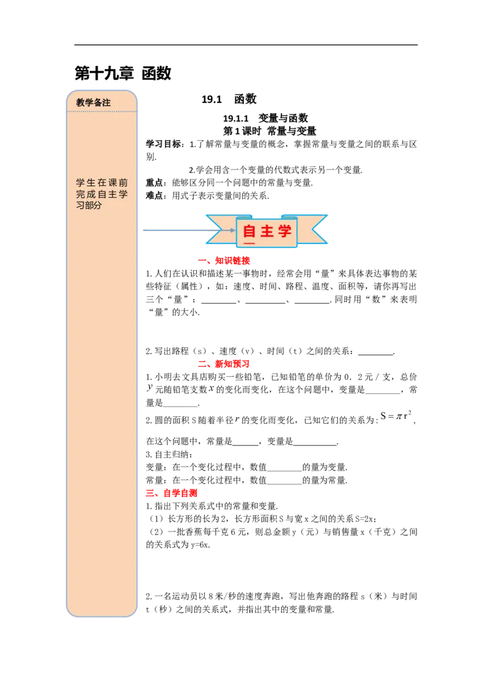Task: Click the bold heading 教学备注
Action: point(93,103)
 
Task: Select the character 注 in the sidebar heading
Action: point(106,103)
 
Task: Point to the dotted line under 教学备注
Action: point(102,111)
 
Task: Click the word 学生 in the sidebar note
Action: point(85,183)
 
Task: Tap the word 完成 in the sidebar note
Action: point(85,195)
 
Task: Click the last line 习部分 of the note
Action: point(89,206)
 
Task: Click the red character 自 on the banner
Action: point(250,232)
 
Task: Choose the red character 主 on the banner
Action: point(267,232)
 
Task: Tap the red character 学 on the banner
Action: point(285,232)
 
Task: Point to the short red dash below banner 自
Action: point(250,243)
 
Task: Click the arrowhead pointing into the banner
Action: point(232,230)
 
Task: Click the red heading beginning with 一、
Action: point(224,261)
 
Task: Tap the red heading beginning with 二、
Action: point(223,364)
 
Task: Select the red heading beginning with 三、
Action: point(172,493)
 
